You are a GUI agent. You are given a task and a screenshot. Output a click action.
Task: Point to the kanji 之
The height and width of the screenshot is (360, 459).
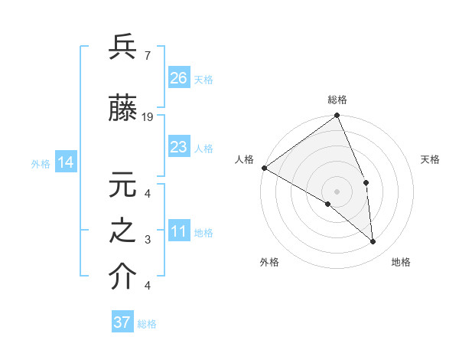[x=122, y=232]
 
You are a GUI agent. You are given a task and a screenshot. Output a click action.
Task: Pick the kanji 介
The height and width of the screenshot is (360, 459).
[x=122, y=277]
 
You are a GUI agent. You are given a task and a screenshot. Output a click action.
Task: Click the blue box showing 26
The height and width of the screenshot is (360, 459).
[x=179, y=78]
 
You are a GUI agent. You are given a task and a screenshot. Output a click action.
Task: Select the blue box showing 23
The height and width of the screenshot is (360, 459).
[x=179, y=147]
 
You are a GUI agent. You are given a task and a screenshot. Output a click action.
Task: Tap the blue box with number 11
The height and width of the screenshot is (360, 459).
[x=179, y=231]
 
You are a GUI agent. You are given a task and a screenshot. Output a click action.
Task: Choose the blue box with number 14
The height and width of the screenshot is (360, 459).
[x=66, y=162]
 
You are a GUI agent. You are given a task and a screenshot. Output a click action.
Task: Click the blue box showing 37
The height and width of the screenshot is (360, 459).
[x=122, y=322]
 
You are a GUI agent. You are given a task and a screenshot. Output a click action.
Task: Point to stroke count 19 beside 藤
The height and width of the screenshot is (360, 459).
[x=148, y=116]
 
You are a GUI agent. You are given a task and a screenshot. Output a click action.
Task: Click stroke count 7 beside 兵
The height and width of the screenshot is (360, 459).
[x=147, y=55]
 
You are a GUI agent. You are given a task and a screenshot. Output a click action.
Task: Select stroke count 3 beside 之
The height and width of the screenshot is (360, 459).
[x=147, y=240]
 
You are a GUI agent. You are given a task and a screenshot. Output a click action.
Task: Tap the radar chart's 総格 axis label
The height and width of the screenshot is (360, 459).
[x=337, y=100]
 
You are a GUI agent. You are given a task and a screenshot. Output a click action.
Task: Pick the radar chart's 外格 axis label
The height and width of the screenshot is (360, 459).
[x=269, y=262]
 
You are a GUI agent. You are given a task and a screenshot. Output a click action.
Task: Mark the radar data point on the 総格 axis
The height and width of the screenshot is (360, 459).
[x=337, y=116]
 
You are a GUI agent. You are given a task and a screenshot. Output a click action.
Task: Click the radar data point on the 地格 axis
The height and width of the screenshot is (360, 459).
[x=373, y=241]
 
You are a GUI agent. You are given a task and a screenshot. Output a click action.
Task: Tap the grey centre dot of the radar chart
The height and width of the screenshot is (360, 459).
[x=337, y=191]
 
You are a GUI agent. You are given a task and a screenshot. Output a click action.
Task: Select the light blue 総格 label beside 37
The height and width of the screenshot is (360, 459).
[x=148, y=323]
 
